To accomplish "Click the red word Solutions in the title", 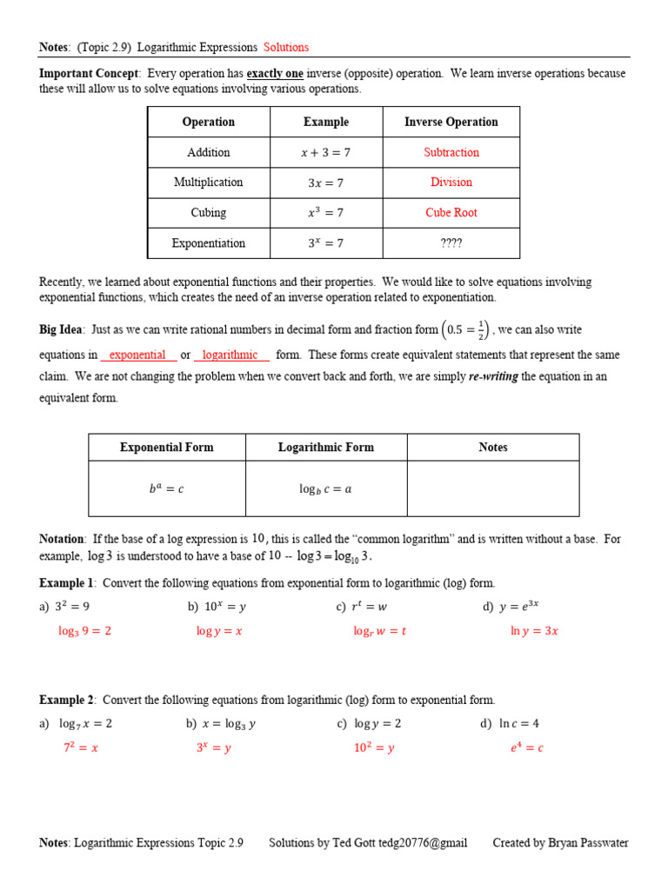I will pos(286,47).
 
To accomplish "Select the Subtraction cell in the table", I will pos(451,152).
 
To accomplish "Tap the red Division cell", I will pos(451,183).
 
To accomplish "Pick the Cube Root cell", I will pos(451,213).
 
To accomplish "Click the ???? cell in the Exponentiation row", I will pos(451,243).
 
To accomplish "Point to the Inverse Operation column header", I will pos(451,122).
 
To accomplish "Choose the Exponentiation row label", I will pos(209,243).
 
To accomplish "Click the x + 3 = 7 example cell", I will pos(326,152).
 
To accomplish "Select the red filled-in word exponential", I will pos(137,355).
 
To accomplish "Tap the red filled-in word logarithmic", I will pos(230,355).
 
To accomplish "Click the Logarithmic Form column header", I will pos(326,447).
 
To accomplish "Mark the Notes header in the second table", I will pos(493,447).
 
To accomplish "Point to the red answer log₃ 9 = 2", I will pos(85,631).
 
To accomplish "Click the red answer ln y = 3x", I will pos(534,631).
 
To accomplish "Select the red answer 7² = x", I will pos(81,747).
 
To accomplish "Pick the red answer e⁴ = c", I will pos(527,747).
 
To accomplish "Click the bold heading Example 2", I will pos(66,700).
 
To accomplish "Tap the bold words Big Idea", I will pos(61,329).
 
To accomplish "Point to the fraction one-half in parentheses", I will pos(481,329).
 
